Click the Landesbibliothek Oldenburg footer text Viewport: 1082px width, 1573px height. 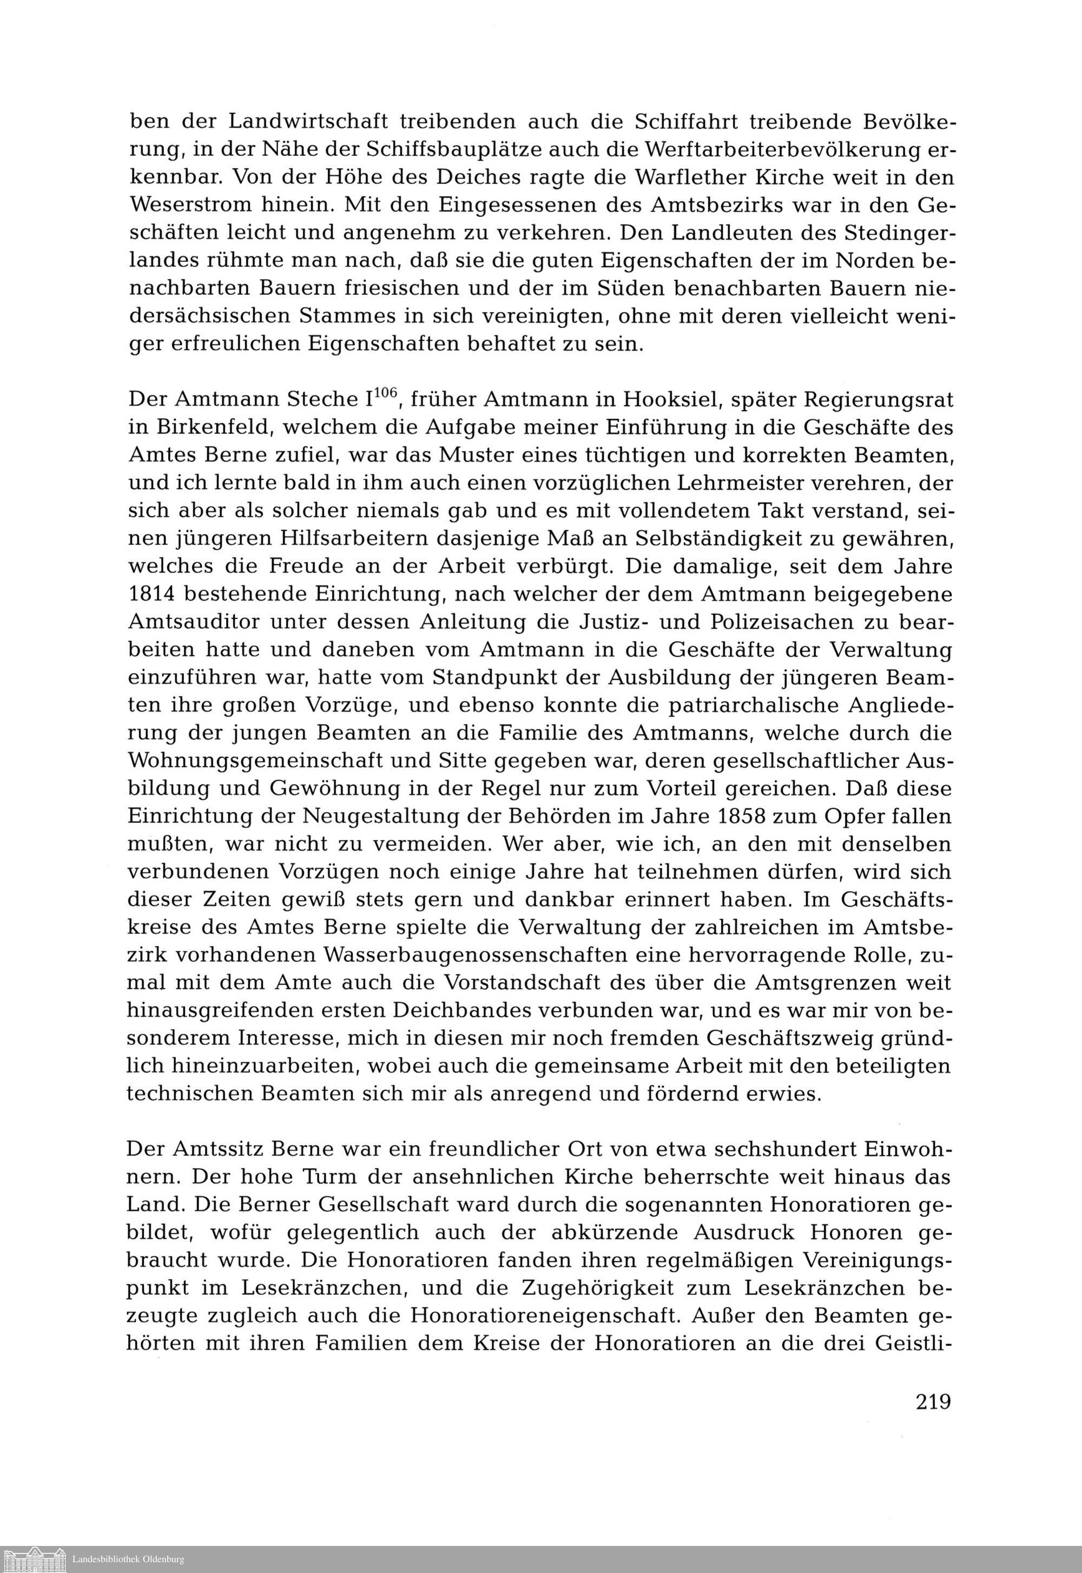tap(128, 1559)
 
